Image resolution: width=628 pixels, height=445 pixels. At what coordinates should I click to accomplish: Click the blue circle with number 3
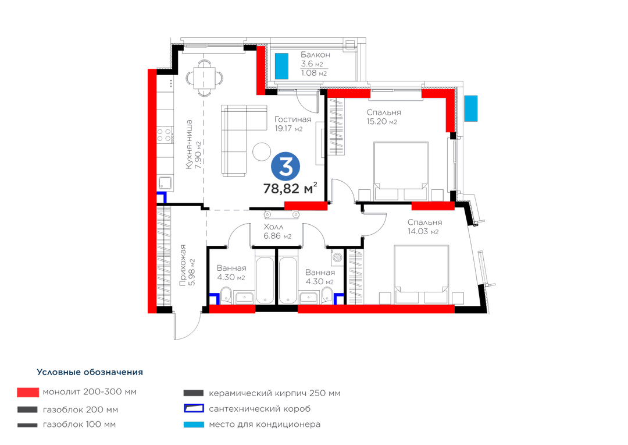tap(286, 167)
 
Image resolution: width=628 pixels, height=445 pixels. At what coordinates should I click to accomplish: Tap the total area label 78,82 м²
tap(290, 188)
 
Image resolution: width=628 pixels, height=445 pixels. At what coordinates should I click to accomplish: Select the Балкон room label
tap(315, 54)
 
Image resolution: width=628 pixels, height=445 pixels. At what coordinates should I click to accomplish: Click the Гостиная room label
tap(292, 119)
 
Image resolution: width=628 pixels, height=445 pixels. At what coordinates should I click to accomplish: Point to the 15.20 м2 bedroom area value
tap(381, 122)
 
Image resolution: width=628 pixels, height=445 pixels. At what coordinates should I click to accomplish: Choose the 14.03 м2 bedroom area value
tap(423, 232)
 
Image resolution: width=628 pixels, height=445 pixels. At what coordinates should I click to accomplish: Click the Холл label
tap(273, 227)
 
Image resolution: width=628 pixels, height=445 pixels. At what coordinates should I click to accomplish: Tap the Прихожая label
tap(183, 265)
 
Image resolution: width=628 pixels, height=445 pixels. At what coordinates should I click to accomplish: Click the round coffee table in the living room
tap(262, 151)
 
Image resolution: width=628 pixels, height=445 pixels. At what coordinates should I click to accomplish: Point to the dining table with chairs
tap(205, 78)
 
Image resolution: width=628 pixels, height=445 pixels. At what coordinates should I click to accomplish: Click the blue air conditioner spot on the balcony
tap(281, 66)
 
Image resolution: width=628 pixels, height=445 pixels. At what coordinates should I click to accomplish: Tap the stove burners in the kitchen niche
tap(165, 135)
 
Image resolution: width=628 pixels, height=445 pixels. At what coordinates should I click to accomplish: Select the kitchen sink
tap(165, 183)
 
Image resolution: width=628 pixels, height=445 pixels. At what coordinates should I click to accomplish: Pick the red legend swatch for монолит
tap(28, 392)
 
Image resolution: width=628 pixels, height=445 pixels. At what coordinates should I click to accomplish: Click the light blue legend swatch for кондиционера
tap(194, 425)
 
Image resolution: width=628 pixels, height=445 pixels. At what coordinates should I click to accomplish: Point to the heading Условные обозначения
tap(90, 372)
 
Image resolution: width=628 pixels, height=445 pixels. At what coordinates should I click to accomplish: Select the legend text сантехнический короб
tap(259, 409)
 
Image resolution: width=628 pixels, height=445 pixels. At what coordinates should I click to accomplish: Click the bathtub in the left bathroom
tap(265, 280)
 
